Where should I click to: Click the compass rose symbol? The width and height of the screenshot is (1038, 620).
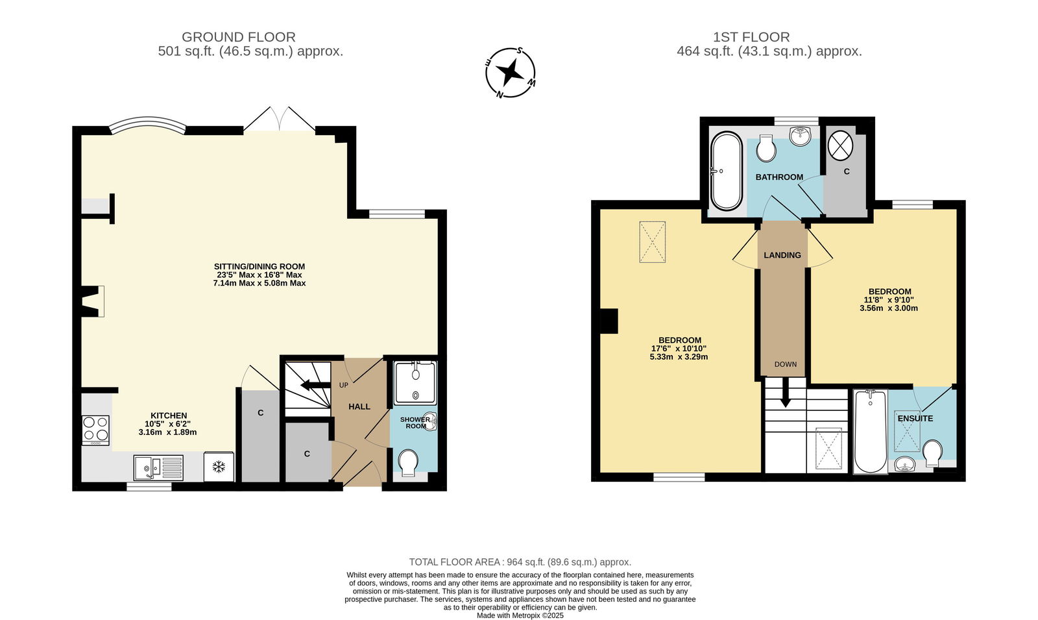[510, 73]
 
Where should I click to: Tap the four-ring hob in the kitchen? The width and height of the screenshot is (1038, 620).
[96, 430]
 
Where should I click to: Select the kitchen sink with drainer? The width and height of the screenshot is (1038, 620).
[158, 468]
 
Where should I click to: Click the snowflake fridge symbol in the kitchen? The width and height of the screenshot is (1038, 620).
[219, 467]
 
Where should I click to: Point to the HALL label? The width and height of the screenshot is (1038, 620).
[359, 406]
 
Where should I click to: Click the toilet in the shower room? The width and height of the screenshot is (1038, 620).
[408, 462]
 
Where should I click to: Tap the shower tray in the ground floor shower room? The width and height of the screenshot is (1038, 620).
[415, 383]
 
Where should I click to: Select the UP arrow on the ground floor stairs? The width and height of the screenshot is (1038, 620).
[312, 385]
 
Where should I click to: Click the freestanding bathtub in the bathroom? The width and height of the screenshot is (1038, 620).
[726, 171]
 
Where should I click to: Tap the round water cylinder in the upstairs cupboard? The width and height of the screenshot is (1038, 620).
[840, 144]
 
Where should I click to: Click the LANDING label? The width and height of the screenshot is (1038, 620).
[782, 255]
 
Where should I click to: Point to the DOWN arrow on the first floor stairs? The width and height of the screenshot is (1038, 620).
[785, 393]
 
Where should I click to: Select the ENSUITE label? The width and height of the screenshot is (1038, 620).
[915, 418]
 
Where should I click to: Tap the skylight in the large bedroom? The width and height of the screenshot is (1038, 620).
[653, 242]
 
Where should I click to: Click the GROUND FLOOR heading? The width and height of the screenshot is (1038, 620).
[238, 37]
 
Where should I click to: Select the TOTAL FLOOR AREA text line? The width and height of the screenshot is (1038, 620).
[520, 562]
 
